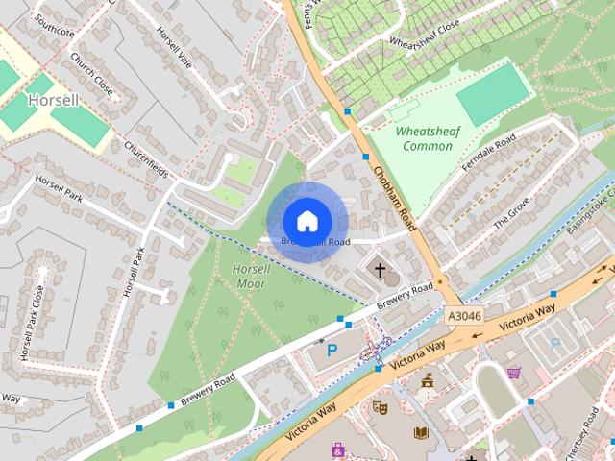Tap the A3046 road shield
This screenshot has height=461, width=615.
(x=463, y=315)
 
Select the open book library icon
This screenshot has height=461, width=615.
(x=421, y=433)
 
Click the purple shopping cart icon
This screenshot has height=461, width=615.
(x=513, y=372)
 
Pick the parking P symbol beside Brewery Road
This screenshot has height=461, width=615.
(x=332, y=351)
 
